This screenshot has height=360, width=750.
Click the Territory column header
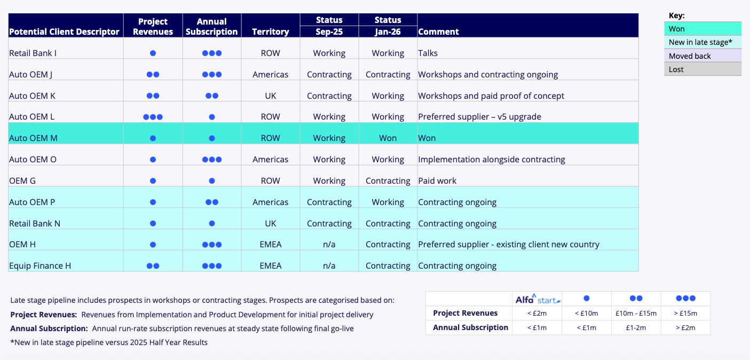(270, 32)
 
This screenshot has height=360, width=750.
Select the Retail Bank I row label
(33, 53)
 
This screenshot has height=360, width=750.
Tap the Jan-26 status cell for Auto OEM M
(388, 138)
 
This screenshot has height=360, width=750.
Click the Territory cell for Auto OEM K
(270, 96)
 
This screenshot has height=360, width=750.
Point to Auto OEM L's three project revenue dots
(153, 117)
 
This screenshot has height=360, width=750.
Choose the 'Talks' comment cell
(428, 53)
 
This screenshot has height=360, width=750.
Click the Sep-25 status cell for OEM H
(329, 244)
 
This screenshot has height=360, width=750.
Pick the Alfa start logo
(537, 299)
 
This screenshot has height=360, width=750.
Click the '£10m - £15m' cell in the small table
(636, 313)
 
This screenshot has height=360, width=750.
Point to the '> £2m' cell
(685, 327)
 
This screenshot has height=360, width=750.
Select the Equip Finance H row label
(40, 265)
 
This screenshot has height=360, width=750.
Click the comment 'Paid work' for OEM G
(437, 181)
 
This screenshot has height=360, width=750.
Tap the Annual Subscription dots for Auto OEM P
(211, 202)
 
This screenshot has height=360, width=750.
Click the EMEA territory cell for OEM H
(270, 244)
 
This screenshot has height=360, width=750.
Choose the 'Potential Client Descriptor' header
(65, 32)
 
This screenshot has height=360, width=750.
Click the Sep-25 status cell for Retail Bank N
(329, 223)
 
